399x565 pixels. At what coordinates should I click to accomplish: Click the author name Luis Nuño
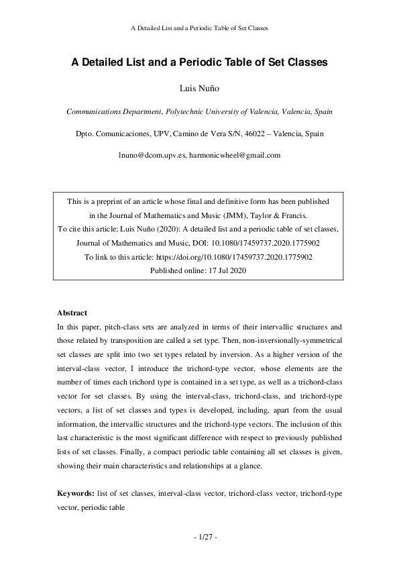click(199, 89)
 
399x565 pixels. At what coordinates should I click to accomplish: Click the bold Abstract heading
click(73, 313)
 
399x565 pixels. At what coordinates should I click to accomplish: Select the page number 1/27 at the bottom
click(199, 537)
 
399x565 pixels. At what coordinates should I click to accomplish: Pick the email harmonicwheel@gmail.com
click(235, 155)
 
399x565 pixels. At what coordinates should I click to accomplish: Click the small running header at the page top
click(199, 28)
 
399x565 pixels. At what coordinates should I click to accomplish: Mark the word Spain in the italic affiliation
click(321, 111)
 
